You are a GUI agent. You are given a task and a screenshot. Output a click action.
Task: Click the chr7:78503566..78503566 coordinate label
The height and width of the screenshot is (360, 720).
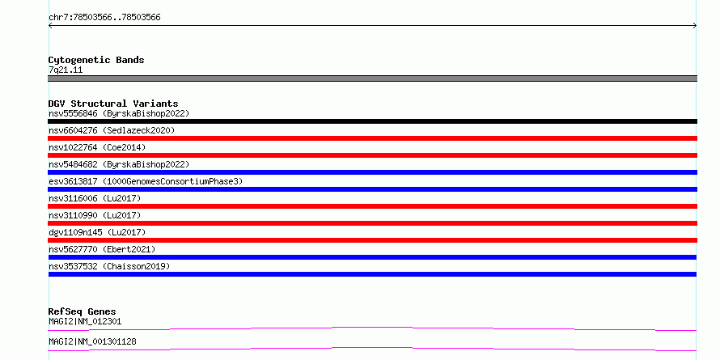(104, 18)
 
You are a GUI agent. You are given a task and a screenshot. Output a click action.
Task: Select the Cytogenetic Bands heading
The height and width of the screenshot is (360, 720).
(96, 60)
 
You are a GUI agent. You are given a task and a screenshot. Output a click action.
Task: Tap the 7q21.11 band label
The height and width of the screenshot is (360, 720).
(66, 70)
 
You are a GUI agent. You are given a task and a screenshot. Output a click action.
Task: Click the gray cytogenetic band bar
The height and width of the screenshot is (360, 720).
(372, 78)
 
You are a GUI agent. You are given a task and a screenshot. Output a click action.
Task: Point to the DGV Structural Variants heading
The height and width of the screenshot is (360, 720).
(113, 104)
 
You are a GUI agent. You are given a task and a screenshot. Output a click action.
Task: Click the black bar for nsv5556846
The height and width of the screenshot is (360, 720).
(372, 121)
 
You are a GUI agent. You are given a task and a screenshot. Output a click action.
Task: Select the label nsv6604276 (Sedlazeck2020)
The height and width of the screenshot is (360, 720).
(112, 130)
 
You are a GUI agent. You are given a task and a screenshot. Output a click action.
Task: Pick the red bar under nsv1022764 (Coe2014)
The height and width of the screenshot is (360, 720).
(372, 155)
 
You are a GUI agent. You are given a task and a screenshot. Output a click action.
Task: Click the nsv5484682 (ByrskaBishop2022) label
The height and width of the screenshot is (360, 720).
(119, 164)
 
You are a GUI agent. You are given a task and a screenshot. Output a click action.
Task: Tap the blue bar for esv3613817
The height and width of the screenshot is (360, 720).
(372, 189)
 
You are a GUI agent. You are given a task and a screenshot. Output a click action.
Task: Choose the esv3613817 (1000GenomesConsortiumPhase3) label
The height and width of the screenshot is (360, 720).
(146, 181)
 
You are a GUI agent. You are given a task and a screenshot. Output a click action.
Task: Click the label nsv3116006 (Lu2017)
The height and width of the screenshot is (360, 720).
(95, 198)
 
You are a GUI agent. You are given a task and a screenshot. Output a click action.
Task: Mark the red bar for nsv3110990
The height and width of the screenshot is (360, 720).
(372, 223)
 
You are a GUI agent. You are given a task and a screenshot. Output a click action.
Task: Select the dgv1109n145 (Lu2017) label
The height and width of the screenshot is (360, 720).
(97, 232)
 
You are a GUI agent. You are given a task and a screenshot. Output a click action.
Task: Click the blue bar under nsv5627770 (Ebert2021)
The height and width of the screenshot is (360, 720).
(372, 257)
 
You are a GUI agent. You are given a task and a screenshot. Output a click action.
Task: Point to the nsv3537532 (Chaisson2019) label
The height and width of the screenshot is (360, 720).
(109, 266)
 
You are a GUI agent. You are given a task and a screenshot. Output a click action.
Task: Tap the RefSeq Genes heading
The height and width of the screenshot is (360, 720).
(82, 311)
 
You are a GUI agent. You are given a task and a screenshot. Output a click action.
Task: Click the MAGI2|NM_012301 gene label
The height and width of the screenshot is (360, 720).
(85, 321)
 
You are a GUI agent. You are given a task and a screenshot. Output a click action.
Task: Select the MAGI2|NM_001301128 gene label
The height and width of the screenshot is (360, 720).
(92, 341)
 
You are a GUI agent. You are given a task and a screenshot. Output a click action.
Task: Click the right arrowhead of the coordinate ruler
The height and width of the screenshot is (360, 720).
(696, 26)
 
